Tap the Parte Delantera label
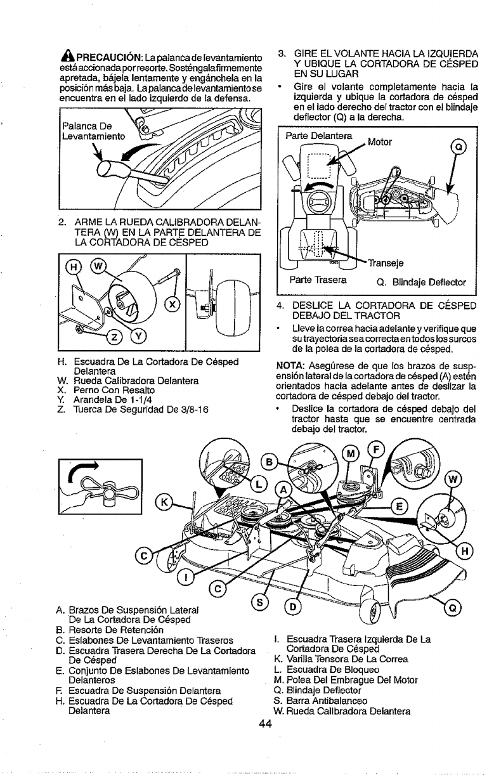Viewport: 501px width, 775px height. pos(315,136)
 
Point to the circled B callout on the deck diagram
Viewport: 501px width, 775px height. pos(268,460)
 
